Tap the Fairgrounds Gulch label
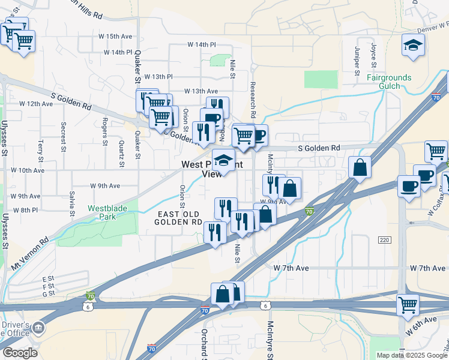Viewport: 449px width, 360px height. [x=389, y=82]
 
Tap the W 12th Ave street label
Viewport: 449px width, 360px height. [x=36, y=104]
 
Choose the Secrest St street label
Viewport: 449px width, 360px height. [x=63, y=136]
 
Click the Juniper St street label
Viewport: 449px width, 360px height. [x=357, y=56]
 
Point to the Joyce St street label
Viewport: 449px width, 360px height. [x=373, y=55]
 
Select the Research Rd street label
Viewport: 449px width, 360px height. [x=253, y=99]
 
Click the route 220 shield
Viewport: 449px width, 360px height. [x=385, y=240]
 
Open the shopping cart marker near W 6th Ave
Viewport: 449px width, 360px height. [x=408, y=306]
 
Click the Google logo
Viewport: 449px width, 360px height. [x=20, y=352]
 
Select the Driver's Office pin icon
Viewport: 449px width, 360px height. [x=38, y=328]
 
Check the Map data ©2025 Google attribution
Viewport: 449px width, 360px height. [x=411, y=355]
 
